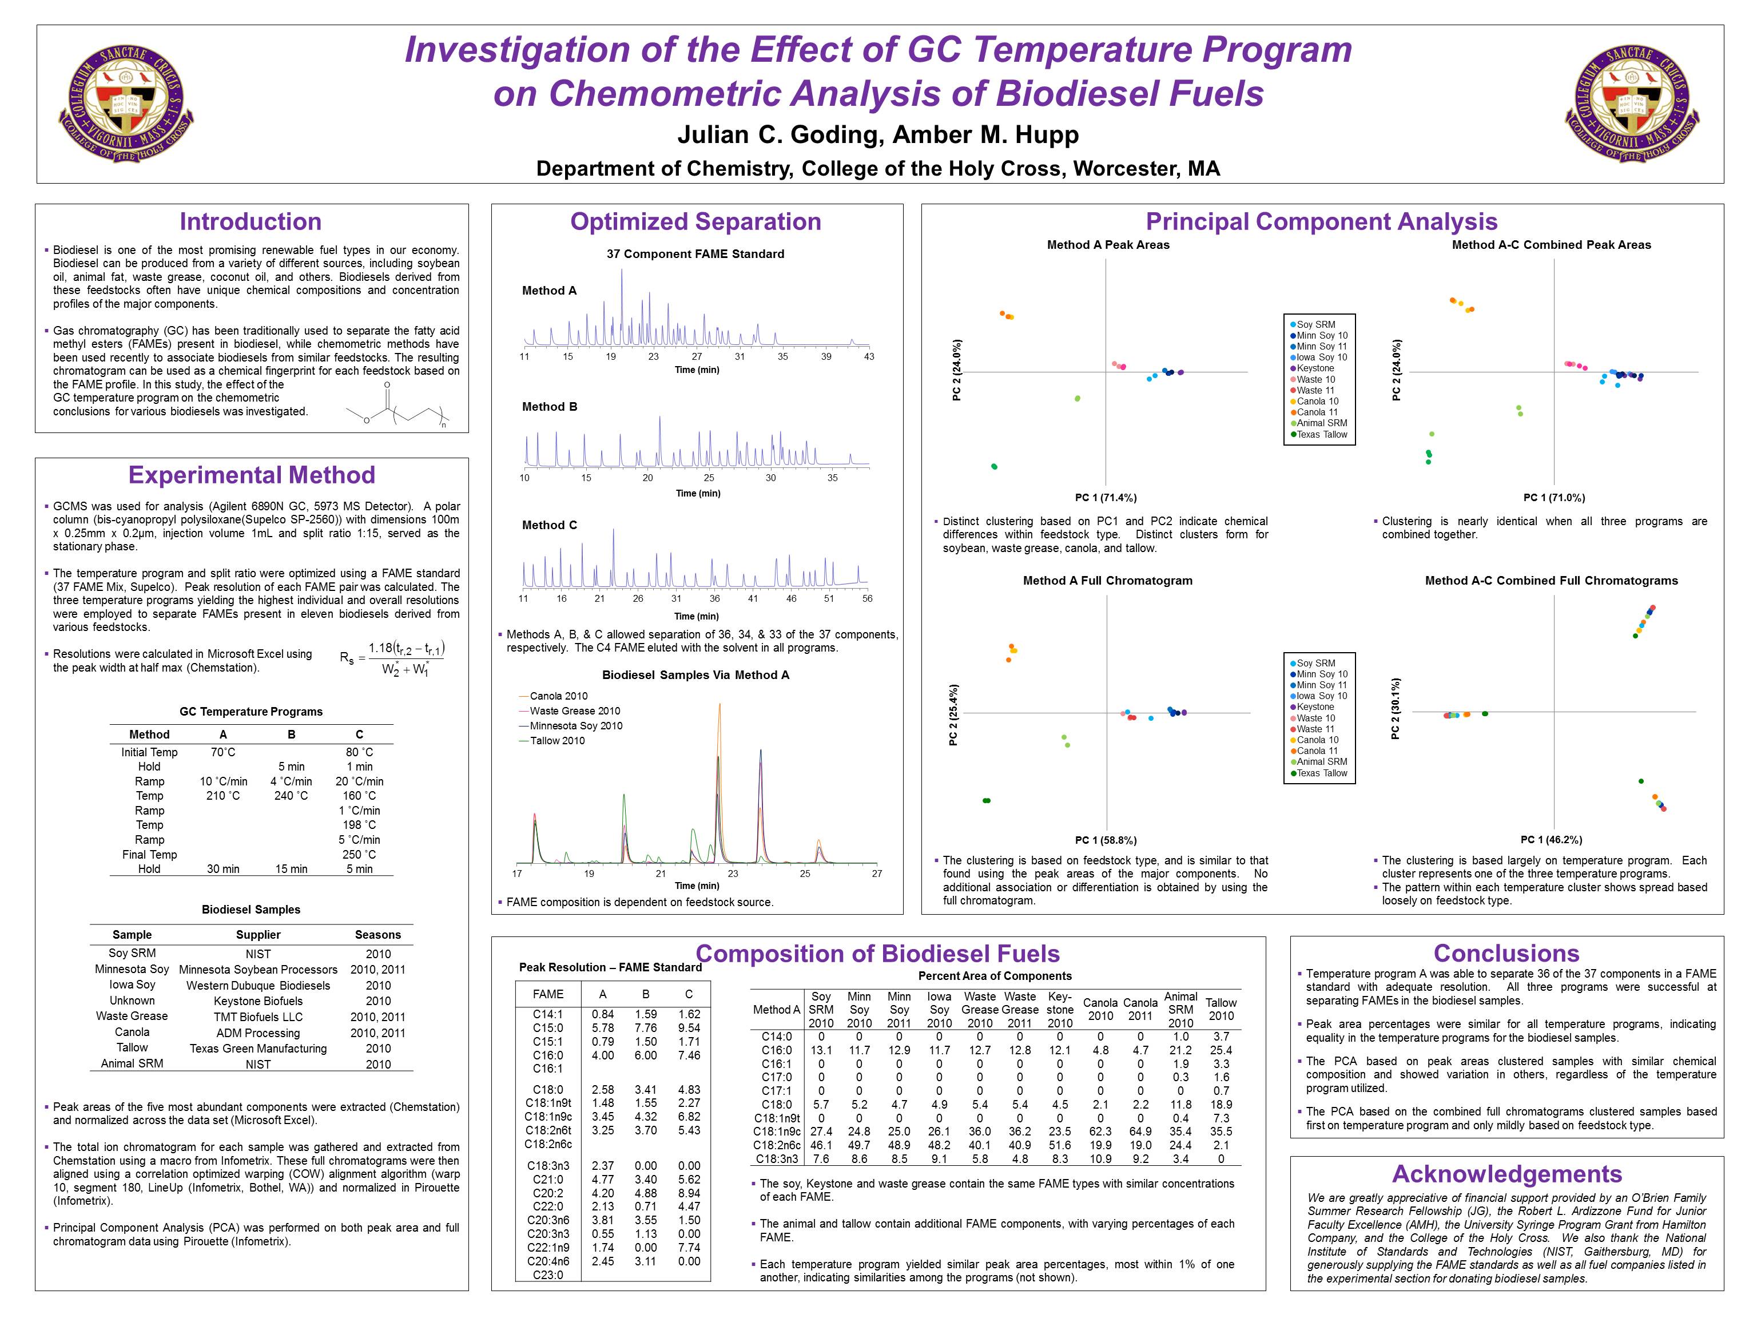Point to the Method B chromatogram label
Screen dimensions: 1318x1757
pos(549,407)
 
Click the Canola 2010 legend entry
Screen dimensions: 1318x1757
pos(558,696)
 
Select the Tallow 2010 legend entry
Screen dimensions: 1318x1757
pos(557,740)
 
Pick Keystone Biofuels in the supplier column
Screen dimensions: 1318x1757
pos(258,1001)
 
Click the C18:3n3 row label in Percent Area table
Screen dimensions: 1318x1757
pos(776,1158)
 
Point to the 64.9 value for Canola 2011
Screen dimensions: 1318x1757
pos(1140,1132)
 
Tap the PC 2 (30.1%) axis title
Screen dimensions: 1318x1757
pos(1396,709)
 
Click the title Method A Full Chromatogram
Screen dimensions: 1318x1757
pos(1107,581)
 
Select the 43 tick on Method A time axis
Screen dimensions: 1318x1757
pos(869,357)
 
